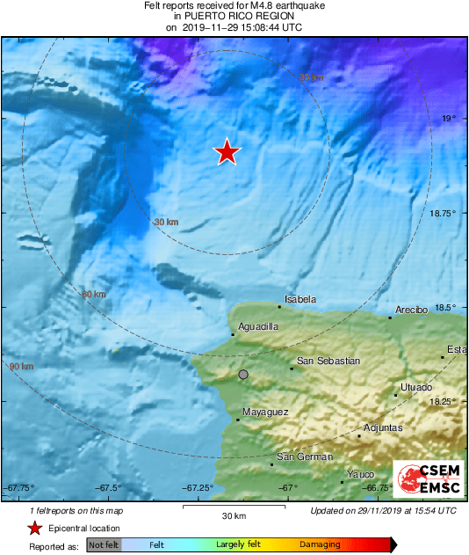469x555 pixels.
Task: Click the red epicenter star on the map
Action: [227, 152]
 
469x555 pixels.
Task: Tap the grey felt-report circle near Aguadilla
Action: [243, 375]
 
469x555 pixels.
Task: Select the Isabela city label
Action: [301, 300]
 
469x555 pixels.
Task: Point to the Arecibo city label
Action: [411, 310]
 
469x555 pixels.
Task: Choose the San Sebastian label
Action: [328, 361]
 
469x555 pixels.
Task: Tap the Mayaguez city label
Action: [265, 411]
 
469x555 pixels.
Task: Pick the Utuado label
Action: [415, 387]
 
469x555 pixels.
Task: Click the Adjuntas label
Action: [383, 428]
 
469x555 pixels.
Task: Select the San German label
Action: [305, 456]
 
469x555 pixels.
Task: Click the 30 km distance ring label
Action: [165, 222]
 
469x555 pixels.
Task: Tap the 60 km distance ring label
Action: [93, 294]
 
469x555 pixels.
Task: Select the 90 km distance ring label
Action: [21, 366]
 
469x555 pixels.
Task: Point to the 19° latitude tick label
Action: [448, 118]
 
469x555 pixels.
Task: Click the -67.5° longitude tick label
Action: [109, 488]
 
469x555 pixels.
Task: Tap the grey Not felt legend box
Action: [105, 545]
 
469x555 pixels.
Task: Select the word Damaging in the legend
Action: [321, 545]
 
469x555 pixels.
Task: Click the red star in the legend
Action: [34, 529]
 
